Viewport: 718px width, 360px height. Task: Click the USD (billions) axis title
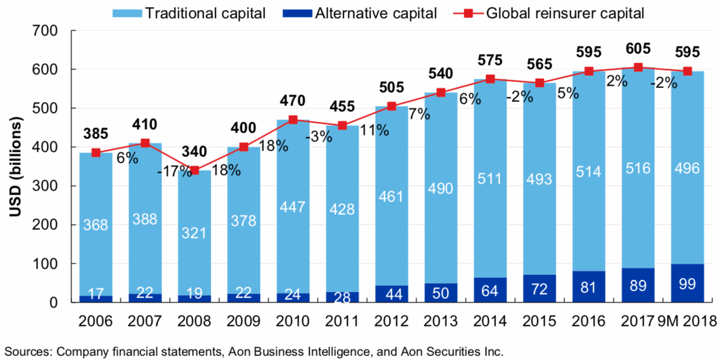[x=16, y=168]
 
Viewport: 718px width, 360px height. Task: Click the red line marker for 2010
[x=293, y=120]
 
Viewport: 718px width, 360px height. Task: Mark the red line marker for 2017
[x=638, y=67]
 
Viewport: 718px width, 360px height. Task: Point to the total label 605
[x=638, y=48]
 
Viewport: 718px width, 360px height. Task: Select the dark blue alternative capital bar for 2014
[x=490, y=290]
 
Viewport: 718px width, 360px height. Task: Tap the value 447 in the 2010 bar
[x=293, y=208]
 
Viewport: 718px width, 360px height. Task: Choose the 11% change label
[x=374, y=130]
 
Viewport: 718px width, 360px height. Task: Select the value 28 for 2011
[x=342, y=297]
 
